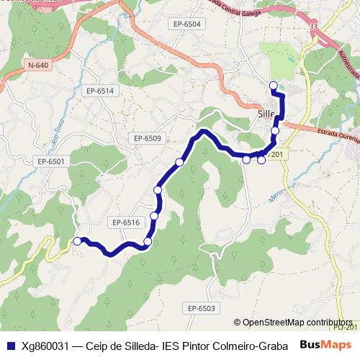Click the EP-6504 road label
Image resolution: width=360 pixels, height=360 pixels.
pos(187,24)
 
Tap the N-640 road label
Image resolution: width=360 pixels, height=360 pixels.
pos(38,66)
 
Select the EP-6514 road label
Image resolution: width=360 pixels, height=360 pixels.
pos(100,90)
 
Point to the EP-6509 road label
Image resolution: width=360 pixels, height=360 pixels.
pos(148,138)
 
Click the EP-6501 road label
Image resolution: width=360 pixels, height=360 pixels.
pos(51,161)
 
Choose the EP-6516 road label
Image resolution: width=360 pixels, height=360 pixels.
pos(125,222)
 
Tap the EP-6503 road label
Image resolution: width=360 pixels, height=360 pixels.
pos(202,308)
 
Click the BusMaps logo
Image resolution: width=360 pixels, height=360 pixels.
pos(323,345)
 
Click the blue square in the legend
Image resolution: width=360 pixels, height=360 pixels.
pos(9,345)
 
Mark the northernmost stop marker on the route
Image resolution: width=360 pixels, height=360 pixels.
pos(273,86)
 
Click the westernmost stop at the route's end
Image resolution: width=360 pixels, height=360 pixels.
pos(78,241)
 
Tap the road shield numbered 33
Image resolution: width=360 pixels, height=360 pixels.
pos(313,26)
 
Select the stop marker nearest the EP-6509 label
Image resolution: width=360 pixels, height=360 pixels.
pos(179,162)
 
